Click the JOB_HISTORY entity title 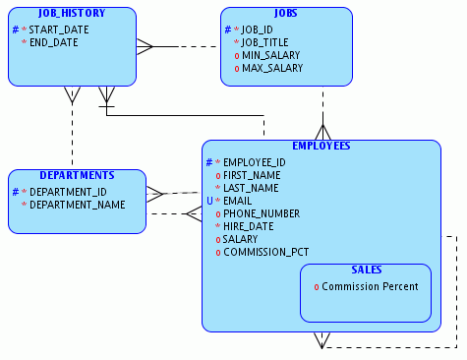[71, 15]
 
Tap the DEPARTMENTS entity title [77, 176]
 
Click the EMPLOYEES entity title [321, 146]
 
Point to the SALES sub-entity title [366, 270]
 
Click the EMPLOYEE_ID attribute [255, 162]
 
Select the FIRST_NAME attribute [252, 175]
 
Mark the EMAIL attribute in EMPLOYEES [238, 201]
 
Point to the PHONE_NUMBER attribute [262, 213]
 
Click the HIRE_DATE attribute [250, 226]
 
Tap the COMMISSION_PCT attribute [265, 252]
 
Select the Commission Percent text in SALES [370, 286]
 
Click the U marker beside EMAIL [208, 201]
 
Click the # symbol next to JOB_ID [226, 30]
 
